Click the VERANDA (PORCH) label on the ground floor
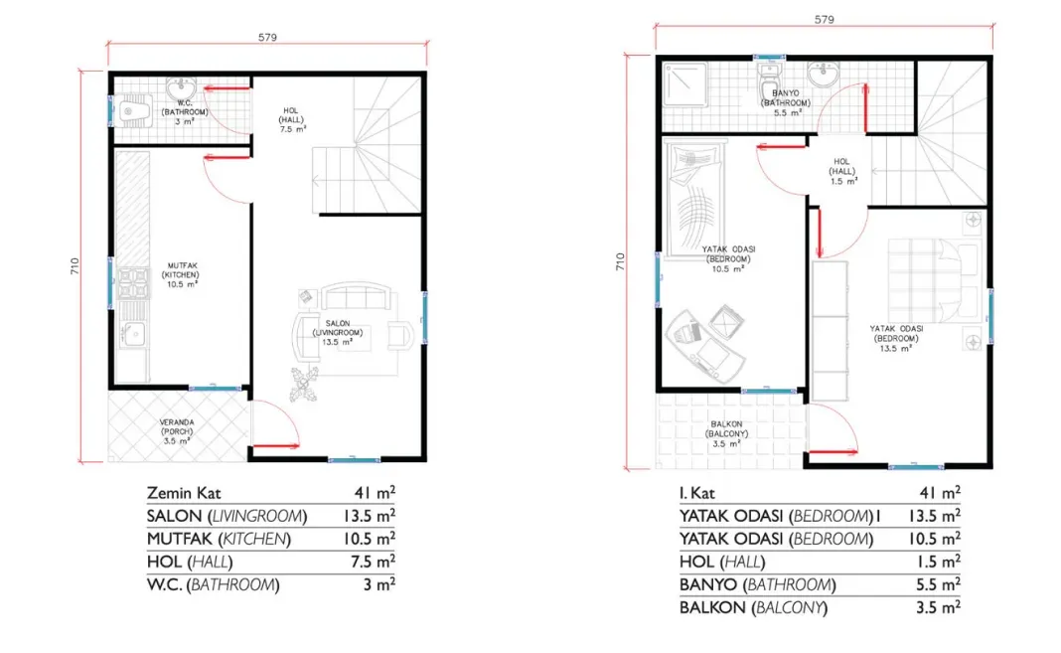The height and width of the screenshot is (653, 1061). [x=177, y=431]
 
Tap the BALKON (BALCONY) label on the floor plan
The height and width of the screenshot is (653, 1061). [x=727, y=433]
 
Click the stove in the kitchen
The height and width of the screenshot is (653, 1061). [x=133, y=284]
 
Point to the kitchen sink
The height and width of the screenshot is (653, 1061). [x=133, y=334]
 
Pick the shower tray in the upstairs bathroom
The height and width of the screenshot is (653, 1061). [x=684, y=84]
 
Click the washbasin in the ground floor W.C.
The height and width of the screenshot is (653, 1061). [x=181, y=87]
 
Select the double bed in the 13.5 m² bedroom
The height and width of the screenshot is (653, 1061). [x=934, y=279]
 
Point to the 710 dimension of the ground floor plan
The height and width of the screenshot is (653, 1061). [x=75, y=266]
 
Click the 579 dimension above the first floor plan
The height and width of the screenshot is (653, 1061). [x=825, y=20]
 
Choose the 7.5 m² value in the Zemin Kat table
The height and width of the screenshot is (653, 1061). [x=369, y=562]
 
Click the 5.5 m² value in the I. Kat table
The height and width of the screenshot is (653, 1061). [x=935, y=584]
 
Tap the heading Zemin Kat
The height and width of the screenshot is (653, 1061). [x=184, y=493]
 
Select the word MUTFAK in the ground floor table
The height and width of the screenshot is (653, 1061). [x=179, y=540]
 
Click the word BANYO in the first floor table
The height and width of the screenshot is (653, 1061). [x=707, y=584]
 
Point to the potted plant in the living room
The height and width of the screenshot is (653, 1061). [x=305, y=385]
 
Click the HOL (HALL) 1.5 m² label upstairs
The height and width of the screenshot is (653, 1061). [x=843, y=171]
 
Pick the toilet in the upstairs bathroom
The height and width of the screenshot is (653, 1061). [x=769, y=85]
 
